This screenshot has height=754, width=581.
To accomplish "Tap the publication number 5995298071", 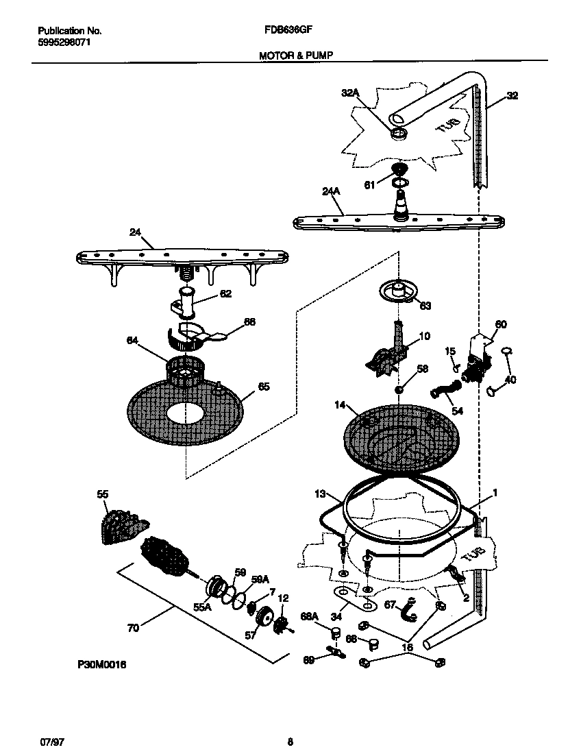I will coord(64,42).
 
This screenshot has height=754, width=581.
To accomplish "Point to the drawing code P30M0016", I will coord(103,664).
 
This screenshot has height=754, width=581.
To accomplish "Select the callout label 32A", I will coord(350,93).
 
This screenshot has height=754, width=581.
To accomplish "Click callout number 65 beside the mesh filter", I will coord(263,387).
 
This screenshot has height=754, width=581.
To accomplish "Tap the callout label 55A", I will coord(203,607).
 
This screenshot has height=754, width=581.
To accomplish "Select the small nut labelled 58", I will coord(399,389).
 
